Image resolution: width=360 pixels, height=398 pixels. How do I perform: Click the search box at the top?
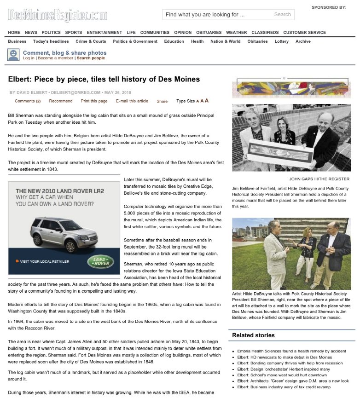[x=216, y=15]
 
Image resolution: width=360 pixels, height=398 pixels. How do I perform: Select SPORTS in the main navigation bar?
[x=74, y=33]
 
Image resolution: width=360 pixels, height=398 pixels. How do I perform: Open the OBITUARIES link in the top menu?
[x=209, y=33]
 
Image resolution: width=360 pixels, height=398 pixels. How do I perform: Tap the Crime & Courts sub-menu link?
[x=91, y=41]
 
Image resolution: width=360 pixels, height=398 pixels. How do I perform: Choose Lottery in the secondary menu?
[x=282, y=41]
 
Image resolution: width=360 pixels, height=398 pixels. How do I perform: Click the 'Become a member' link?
[x=55, y=58]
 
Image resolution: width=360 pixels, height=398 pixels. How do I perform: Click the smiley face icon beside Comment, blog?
[x=13, y=55]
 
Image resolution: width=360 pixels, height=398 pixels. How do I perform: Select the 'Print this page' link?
[x=94, y=101]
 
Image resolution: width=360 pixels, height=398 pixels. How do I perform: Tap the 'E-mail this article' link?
[x=132, y=101]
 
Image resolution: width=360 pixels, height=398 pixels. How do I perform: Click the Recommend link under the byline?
[x=61, y=101]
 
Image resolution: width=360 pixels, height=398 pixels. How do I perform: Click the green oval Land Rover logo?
[x=100, y=262]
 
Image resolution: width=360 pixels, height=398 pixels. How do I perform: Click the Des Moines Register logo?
[x=58, y=15]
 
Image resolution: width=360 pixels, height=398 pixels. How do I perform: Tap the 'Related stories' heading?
[x=253, y=335]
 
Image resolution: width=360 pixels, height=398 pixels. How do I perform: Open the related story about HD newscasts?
[x=285, y=358]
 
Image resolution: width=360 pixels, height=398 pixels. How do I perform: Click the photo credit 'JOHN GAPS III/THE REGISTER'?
[x=319, y=179]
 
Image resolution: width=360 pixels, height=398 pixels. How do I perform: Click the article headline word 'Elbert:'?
[x=19, y=79]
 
